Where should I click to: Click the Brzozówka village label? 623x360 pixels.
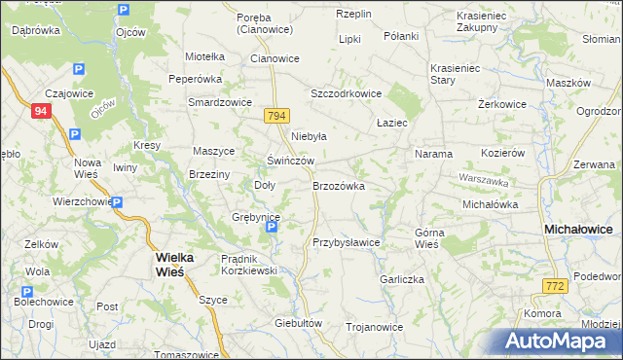point(338,185)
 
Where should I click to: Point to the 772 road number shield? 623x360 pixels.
point(555,285)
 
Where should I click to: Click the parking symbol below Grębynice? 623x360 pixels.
point(273,229)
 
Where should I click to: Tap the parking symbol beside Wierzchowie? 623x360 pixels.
point(116,202)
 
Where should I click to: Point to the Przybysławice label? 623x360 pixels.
point(346,242)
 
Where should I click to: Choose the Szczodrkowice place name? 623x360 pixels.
point(346,93)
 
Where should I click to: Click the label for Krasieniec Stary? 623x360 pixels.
point(458,75)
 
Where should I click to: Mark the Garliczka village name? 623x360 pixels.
point(403,278)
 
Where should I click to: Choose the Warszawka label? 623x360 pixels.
point(485,181)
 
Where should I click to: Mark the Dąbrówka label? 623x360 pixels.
point(36,30)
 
